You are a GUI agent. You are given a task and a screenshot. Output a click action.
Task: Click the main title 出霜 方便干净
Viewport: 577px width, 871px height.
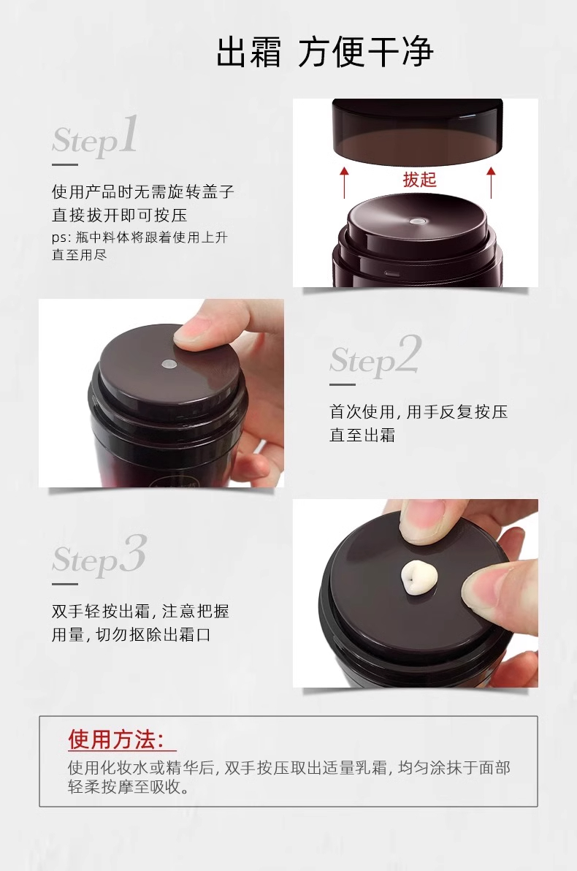click(x=325, y=52)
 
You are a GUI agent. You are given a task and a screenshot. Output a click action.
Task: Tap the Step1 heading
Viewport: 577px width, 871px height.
click(x=95, y=136)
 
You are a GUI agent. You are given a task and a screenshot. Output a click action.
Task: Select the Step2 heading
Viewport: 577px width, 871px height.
click(x=375, y=356)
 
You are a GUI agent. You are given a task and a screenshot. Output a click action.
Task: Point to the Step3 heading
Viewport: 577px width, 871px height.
click(x=99, y=555)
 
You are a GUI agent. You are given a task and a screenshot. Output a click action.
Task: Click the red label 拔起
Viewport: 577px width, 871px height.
click(x=419, y=180)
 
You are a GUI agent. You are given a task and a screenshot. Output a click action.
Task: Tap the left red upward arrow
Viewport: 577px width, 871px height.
click(x=344, y=182)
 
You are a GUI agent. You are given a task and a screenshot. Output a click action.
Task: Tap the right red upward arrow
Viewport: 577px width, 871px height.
click(x=490, y=182)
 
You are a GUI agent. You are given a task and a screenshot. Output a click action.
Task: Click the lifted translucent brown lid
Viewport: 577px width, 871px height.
click(x=417, y=131)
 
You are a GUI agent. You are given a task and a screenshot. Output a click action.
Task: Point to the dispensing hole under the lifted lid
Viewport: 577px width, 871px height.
click(x=416, y=221)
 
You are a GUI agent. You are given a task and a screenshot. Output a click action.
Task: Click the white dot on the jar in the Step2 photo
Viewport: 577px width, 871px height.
click(x=168, y=364)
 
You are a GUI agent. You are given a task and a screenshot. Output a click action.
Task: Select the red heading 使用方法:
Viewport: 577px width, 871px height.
click(x=116, y=739)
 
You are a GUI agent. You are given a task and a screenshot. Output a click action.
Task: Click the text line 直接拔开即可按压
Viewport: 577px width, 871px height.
click(x=119, y=215)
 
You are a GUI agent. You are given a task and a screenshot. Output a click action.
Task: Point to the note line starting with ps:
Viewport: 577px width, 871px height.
click(x=140, y=237)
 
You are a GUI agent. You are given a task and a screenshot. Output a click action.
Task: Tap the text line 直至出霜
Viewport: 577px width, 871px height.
click(x=362, y=435)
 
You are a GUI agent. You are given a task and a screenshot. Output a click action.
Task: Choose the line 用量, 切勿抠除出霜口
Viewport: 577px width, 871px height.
click(x=131, y=634)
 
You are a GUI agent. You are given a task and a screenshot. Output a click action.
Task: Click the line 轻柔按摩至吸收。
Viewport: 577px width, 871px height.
click(x=129, y=786)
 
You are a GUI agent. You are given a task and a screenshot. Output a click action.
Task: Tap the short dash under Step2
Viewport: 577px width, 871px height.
click(x=342, y=384)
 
